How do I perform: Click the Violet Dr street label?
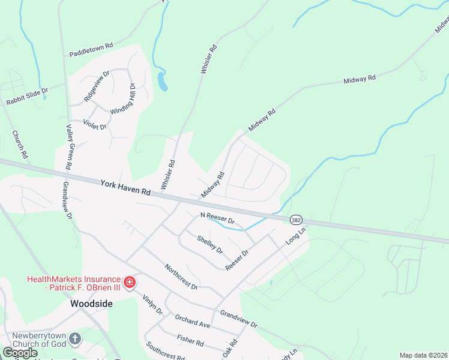coord(95,123)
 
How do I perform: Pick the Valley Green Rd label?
coord(70,147)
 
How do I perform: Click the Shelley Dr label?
coord(209,244)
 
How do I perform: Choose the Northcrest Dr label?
coord(181,277)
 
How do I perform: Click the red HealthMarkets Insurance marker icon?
coord(128,281)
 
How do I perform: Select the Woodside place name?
coord(91,304)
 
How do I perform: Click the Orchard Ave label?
coord(192,320)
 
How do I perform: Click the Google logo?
coord(20,353)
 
